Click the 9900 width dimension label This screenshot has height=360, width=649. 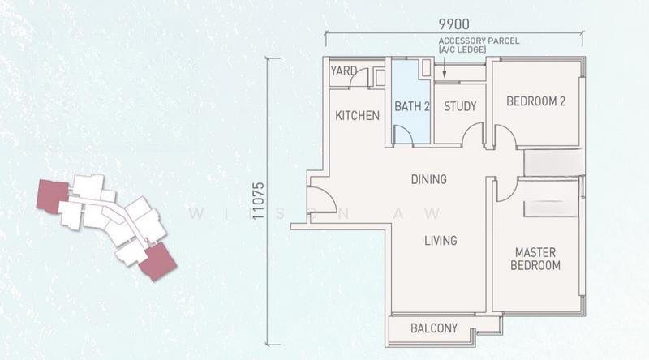pos(454,24)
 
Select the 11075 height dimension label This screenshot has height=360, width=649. pos(258,201)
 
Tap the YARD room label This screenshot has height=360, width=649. pos(343,71)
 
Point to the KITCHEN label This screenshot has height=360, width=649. pos(357,115)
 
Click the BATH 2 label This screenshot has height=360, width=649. pos(412,106)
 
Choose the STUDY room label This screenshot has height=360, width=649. pos(460,106)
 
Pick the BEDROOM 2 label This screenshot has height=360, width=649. pos(535,101)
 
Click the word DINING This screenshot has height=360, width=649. pos(429,179)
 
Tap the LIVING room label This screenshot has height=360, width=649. pos(441,241)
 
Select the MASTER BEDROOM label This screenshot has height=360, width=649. pos(535,259)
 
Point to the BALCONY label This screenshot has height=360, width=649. pos(434,328)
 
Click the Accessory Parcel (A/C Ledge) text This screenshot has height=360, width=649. pos(479,45)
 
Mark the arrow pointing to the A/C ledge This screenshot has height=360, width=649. pos(444,66)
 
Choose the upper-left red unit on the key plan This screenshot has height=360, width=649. pos(53,195)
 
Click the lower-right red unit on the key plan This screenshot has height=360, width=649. pos(157,262)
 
